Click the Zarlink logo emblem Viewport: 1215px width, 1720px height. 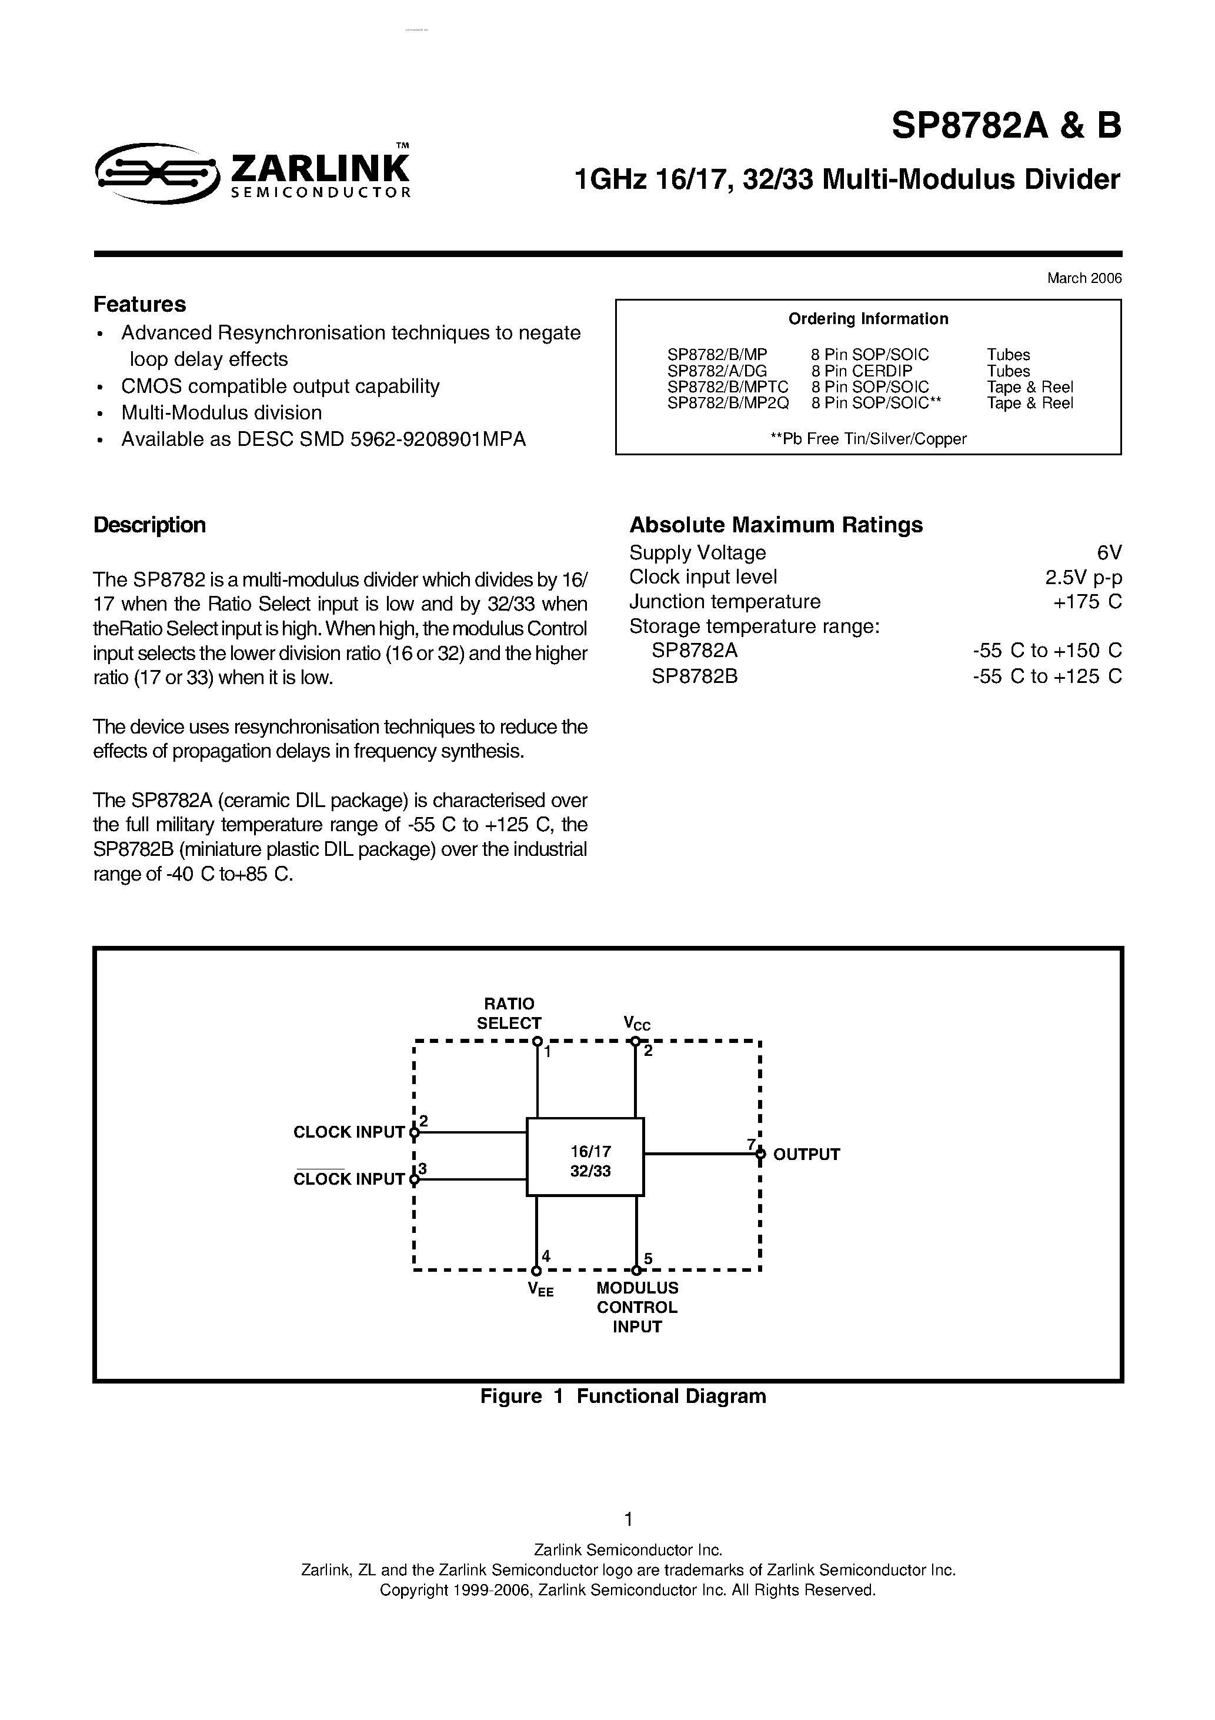pos(157,173)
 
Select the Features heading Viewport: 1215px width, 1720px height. pos(139,304)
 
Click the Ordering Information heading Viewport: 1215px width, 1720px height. pos(867,319)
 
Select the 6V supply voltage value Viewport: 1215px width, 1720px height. pos(1109,553)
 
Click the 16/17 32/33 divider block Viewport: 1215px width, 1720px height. pos(585,1156)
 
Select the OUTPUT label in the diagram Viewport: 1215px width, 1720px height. pos(806,1154)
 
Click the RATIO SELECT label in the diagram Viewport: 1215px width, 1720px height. pos(509,1014)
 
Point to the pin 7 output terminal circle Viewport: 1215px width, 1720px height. pos(760,1154)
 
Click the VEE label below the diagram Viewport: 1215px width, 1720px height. pos(540,1289)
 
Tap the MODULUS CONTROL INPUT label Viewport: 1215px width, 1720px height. pos(637,1307)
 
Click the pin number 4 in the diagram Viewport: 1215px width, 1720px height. pos(546,1256)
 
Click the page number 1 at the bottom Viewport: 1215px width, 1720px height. pos(627,1519)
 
